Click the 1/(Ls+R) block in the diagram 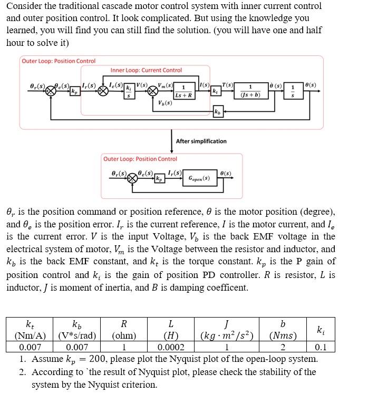183,91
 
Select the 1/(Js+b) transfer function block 250,91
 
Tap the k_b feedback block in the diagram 218,111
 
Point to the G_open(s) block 199,178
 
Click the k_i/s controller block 127,91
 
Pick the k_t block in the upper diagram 215,91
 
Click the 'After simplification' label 201,141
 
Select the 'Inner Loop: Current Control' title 146,70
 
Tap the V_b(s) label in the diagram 165,103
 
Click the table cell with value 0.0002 171,347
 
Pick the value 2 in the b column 283,347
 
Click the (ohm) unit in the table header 124,336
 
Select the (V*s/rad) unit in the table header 77,336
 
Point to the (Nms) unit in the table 283,336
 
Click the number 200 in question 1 102,359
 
